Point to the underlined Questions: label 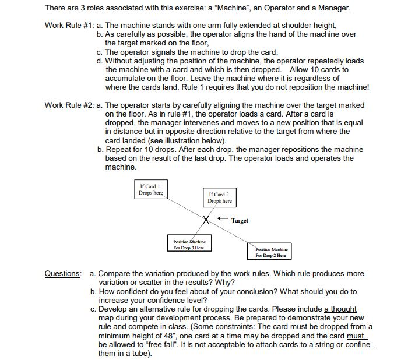(64, 273)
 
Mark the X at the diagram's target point (206, 220)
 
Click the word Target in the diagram (240, 221)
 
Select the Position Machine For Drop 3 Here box (189, 244)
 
